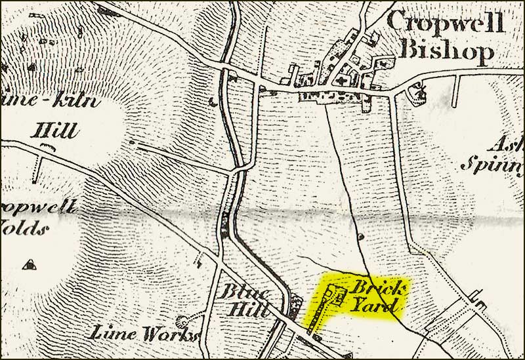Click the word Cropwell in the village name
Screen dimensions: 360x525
click(x=446, y=23)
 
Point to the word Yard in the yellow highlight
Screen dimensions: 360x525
click(x=374, y=305)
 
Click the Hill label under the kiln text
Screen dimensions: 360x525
click(x=55, y=129)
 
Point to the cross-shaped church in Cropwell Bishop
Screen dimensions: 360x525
click(x=343, y=81)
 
